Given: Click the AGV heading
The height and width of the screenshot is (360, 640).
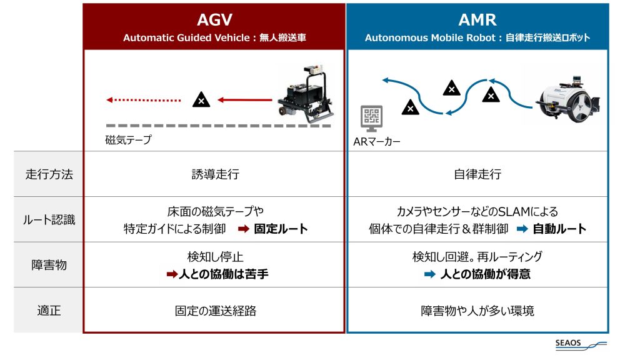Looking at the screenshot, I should [x=214, y=20].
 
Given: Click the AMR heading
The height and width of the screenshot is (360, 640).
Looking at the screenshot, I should [x=477, y=20].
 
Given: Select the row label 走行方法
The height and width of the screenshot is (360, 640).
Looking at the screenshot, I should [x=48, y=174].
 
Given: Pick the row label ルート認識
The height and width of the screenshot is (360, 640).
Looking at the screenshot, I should [x=48, y=219].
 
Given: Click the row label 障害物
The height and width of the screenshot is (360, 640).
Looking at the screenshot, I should [x=48, y=264].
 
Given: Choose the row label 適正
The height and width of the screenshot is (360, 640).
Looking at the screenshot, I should [x=48, y=310].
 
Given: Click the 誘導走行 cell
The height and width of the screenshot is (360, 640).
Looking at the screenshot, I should [x=214, y=174].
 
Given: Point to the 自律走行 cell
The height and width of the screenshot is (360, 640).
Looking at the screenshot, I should [x=477, y=174].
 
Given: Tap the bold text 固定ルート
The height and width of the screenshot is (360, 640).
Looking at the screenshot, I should [x=281, y=229].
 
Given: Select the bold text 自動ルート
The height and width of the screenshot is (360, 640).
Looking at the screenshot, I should [x=559, y=229].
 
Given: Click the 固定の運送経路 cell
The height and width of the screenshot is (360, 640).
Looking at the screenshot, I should [x=214, y=311].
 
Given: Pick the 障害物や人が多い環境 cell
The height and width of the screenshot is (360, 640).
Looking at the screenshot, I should [x=477, y=311].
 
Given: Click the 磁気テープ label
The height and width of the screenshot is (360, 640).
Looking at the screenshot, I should [x=128, y=140].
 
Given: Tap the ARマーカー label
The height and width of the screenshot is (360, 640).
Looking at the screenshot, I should [x=377, y=142].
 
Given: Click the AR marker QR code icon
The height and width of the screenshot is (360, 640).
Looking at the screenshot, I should [x=371, y=117].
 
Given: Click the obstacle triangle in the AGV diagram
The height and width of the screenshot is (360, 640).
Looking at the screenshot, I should [x=200, y=99].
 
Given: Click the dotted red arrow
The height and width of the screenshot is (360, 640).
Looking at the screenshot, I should [x=143, y=99].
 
